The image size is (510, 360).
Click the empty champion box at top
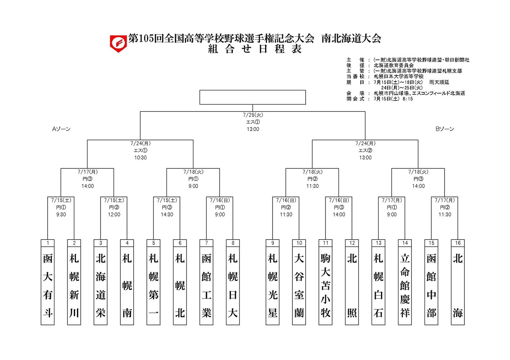point(252,97)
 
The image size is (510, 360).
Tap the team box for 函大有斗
point(48,286)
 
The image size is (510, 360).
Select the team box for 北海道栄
point(101,286)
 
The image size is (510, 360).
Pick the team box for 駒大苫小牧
point(325,286)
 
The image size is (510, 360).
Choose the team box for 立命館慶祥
point(405,286)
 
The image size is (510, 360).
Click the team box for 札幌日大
point(233,286)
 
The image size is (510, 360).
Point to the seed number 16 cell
point(458,243)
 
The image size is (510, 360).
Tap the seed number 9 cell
point(272,243)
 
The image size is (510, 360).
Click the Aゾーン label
point(61,129)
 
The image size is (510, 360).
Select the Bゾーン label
point(444,129)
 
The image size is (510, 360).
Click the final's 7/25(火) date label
point(253,115)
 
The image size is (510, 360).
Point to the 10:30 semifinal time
point(140,158)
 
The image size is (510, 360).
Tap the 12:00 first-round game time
point(114,215)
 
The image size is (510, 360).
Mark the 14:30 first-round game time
point(167,215)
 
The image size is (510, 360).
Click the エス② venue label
point(365,151)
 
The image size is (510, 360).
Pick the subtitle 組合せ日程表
point(254,49)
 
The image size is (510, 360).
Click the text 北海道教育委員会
point(393,65)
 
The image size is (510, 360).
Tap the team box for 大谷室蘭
point(299,286)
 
